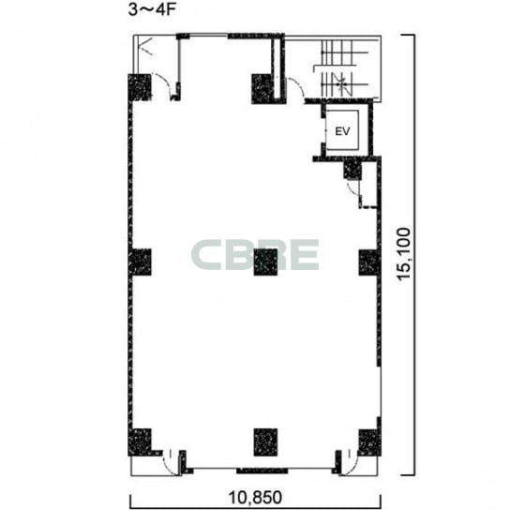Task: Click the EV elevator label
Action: [x=342, y=131]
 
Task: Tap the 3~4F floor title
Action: [x=152, y=9]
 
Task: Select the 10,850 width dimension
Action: [x=255, y=497]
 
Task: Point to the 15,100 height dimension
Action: [x=404, y=254]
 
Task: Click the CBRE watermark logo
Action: [x=255, y=255]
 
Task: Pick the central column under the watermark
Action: [x=265, y=262]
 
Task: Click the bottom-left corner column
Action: [x=140, y=442]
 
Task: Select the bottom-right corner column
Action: [x=369, y=442]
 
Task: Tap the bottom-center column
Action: [x=265, y=442]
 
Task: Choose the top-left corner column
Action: [x=140, y=87]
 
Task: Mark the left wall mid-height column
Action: [x=140, y=262]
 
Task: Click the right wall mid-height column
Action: [x=369, y=262]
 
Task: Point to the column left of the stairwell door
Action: [x=262, y=89]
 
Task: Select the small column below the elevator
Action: [x=352, y=169]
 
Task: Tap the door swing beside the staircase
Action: [x=295, y=88]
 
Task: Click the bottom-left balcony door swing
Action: [x=171, y=463]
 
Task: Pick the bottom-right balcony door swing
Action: [x=349, y=463]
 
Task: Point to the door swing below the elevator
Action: [x=353, y=189]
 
